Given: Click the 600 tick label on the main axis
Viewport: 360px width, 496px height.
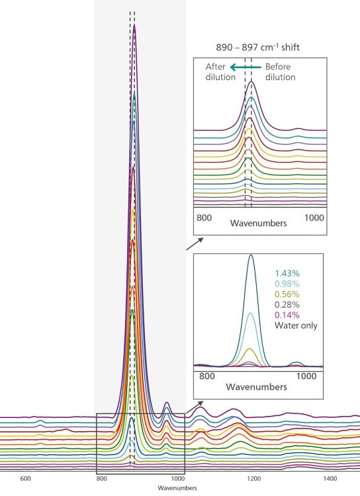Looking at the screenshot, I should (x=26, y=478).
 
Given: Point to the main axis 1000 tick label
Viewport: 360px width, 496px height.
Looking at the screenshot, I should (x=177, y=478).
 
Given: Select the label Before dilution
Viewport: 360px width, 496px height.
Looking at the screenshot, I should (x=280, y=71).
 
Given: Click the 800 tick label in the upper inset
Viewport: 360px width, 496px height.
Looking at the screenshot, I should (x=205, y=217).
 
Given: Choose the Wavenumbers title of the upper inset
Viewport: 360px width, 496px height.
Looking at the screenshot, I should (x=259, y=224).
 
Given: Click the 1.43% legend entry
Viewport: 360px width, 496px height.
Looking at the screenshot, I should (x=287, y=272).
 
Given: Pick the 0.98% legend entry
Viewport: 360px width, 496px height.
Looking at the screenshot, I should (x=287, y=283).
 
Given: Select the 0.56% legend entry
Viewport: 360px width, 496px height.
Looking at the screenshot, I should (x=287, y=294).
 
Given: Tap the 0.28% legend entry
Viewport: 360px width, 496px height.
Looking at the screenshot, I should (x=287, y=304).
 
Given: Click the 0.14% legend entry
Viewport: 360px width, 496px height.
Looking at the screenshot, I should (x=287, y=315).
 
